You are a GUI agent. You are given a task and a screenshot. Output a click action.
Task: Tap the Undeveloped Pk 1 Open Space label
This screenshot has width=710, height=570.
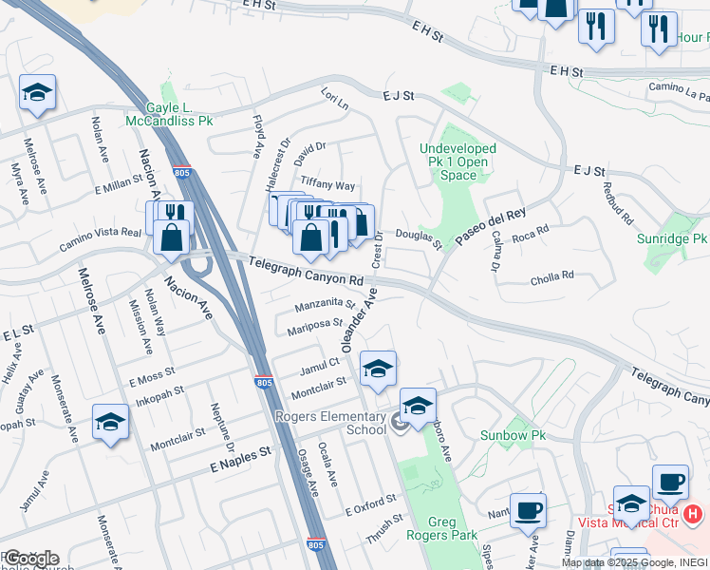[x=458, y=161]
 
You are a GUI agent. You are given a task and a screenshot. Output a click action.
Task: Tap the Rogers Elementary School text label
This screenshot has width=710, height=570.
[x=330, y=423]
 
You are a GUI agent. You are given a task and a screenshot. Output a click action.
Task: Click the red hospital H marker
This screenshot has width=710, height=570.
[x=694, y=514]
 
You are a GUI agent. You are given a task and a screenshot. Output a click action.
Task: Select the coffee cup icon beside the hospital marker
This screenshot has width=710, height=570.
[x=670, y=482]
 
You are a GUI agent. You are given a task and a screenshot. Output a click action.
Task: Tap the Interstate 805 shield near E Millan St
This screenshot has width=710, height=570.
[x=183, y=173]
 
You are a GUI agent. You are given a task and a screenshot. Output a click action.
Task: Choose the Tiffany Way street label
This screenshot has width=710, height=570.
[x=327, y=184]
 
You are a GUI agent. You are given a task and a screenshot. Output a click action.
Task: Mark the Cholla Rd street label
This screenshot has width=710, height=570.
[x=554, y=275]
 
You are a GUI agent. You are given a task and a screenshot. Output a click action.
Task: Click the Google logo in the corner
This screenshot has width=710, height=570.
[x=31, y=559]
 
